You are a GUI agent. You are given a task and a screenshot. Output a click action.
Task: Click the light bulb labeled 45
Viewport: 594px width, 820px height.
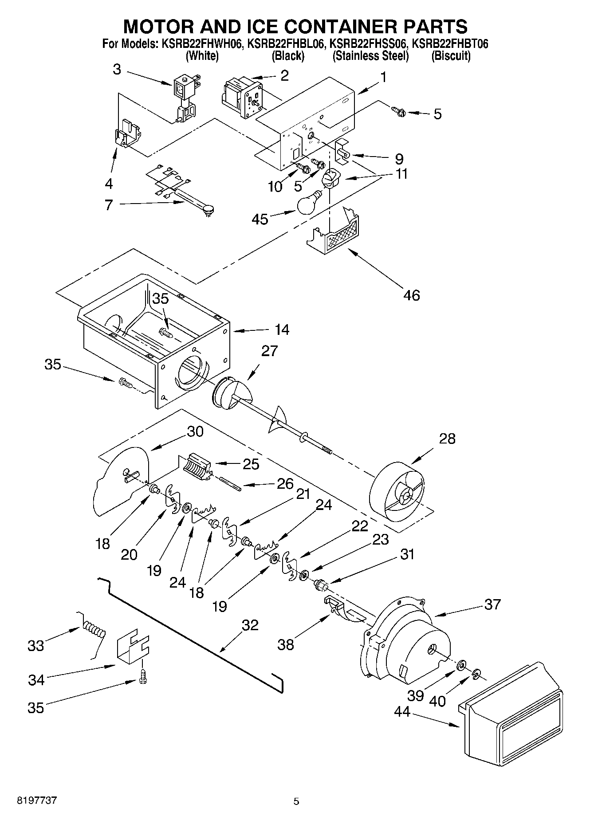309,204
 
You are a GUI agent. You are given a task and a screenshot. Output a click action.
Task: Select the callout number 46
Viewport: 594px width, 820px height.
412,295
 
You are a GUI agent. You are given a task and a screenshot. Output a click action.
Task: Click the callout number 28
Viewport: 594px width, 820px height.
447,439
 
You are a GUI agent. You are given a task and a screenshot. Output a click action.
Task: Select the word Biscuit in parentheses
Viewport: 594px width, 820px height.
451,56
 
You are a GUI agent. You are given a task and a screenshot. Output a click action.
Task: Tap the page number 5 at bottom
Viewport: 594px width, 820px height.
296,801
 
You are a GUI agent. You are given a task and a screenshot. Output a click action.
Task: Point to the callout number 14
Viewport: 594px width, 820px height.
282,330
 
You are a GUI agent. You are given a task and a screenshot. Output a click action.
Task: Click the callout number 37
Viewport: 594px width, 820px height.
492,604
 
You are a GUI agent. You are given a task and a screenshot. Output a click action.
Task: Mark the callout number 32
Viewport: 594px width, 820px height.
250,625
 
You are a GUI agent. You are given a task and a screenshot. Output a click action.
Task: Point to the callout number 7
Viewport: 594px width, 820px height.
109,205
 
